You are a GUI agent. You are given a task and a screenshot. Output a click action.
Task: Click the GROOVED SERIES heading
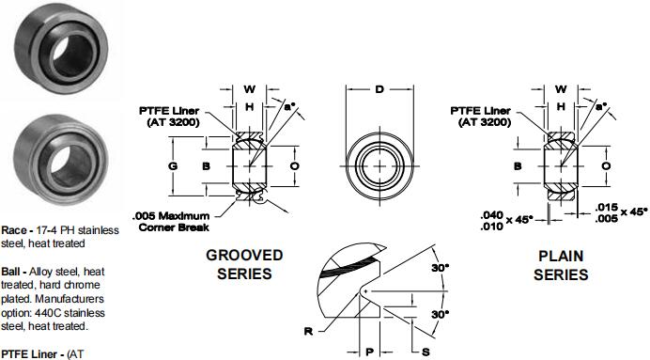pos(244,264)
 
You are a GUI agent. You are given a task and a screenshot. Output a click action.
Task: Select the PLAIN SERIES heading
pos(561,265)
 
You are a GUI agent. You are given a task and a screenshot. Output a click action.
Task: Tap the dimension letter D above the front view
pos(379,89)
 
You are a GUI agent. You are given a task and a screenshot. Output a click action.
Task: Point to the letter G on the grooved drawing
pos(173,165)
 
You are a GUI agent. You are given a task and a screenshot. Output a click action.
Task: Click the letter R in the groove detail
pos(308,332)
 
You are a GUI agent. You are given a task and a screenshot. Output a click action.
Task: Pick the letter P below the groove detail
pos(370,352)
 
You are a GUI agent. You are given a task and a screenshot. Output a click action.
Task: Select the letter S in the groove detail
pos(426,352)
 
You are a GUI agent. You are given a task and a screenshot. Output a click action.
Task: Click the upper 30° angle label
pos(440,268)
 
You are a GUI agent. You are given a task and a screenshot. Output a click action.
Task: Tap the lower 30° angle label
pos(440,314)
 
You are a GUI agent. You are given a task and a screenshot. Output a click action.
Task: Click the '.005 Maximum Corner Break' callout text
pos(171,222)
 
